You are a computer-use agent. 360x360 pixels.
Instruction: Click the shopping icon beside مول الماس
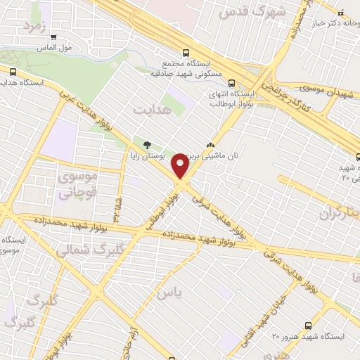[x=54, y=37]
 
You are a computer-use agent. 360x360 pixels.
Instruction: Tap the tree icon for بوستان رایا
[x=146, y=145]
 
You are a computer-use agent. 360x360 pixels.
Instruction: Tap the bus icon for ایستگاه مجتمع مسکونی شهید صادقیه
[x=186, y=52]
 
